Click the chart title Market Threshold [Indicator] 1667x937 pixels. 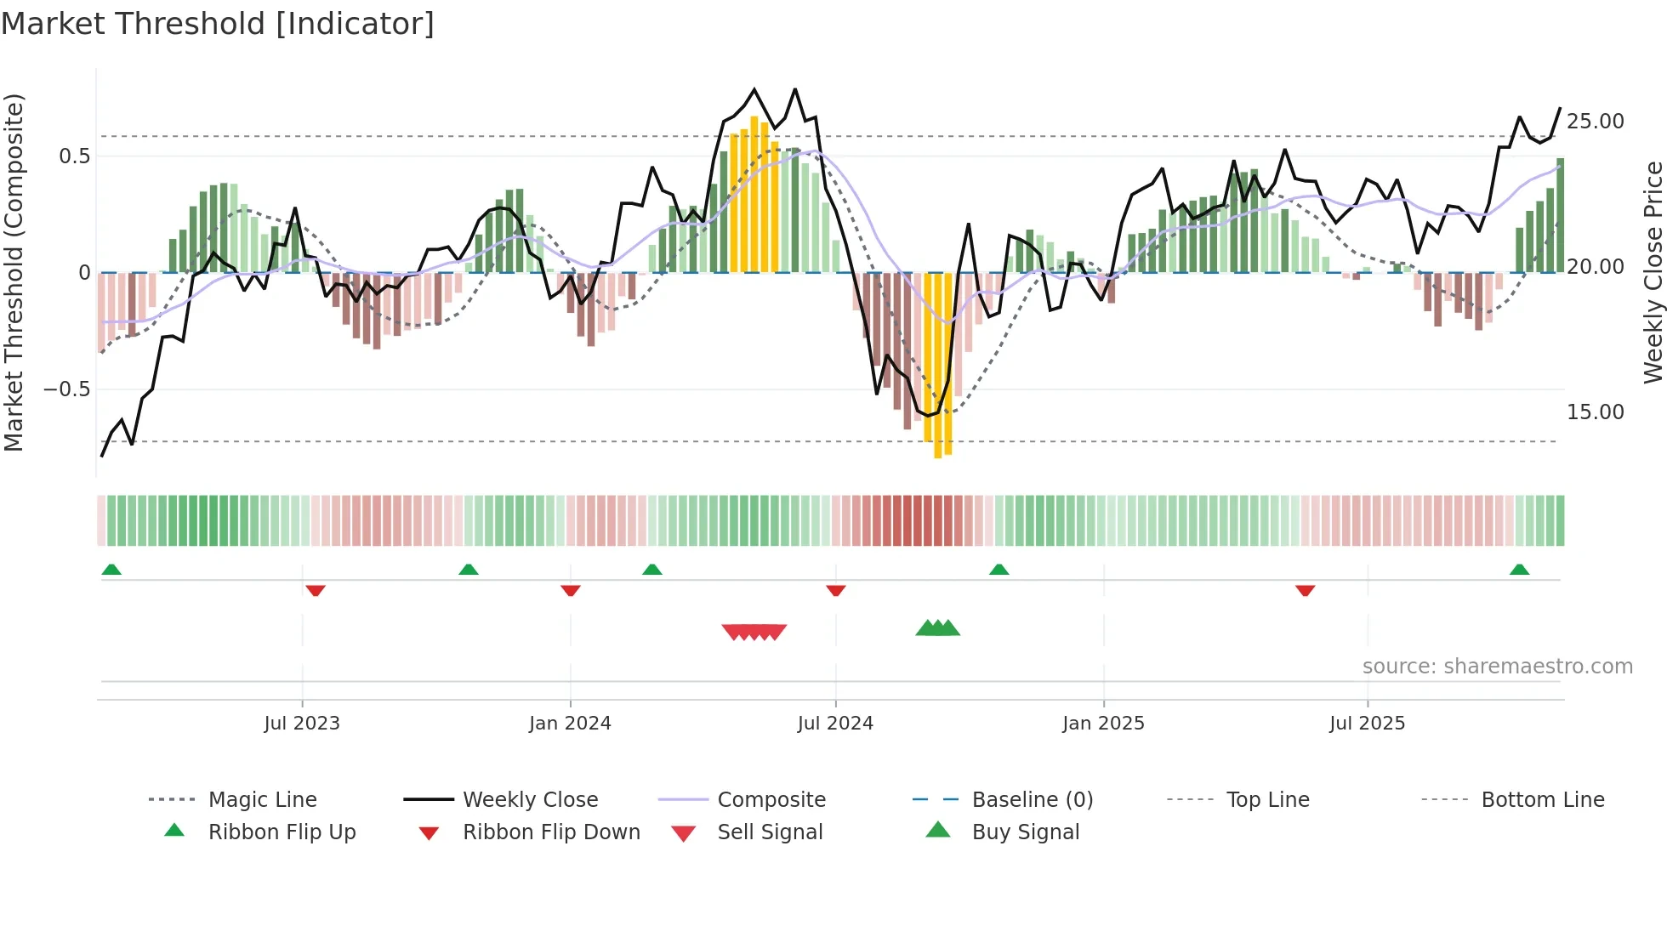point(218,24)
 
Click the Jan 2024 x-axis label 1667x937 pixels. point(570,724)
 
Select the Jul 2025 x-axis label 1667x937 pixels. point(1367,724)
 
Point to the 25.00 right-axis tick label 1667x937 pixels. point(1595,122)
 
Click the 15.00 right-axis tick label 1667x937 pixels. point(1595,412)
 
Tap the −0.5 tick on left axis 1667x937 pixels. point(66,389)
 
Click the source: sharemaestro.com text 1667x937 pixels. point(1497,667)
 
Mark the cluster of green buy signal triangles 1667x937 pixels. point(937,628)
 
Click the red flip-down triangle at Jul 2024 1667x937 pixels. point(836,590)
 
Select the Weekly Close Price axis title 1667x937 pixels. point(1653,272)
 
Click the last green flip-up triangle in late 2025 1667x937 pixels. point(1519,570)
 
